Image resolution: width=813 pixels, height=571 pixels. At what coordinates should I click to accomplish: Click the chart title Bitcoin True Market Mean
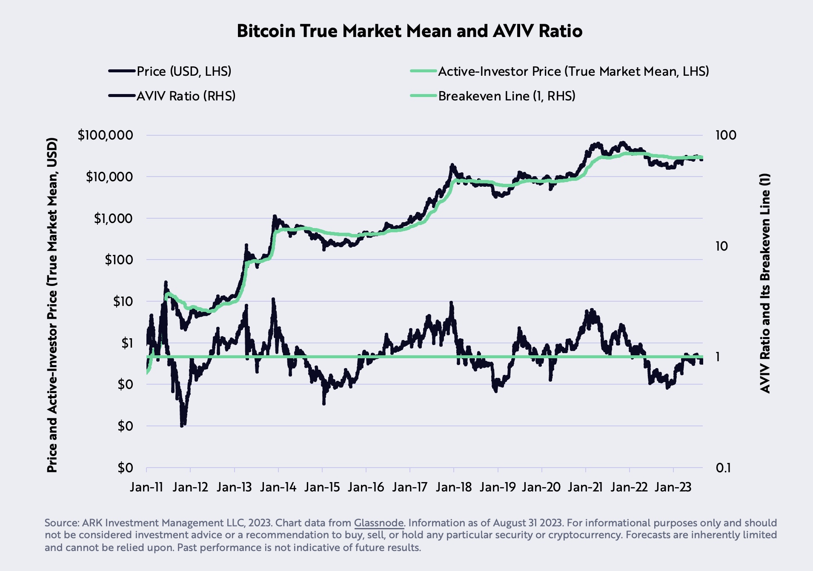click(409, 31)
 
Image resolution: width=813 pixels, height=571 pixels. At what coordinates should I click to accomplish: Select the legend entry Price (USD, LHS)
click(183, 71)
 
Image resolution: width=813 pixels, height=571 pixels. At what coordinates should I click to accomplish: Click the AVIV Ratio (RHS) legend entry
click(186, 96)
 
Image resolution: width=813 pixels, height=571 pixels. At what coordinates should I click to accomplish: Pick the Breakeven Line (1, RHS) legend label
click(507, 96)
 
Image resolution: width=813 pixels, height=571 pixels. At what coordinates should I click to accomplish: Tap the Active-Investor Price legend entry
click(573, 71)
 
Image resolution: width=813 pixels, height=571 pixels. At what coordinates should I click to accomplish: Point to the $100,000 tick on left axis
click(105, 135)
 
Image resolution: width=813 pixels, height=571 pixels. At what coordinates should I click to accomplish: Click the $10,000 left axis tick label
click(109, 177)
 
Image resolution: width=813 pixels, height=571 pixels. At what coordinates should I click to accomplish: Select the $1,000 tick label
click(113, 219)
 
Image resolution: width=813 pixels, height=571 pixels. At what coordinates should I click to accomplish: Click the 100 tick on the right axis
click(725, 135)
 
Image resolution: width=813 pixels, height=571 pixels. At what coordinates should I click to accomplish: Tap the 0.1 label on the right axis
click(723, 468)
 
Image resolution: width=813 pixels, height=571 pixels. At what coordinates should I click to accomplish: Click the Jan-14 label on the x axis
click(278, 487)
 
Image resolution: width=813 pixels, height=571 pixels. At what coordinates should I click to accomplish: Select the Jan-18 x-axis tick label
click(454, 487)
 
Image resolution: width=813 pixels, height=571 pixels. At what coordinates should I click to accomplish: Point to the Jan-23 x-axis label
click(673, 487)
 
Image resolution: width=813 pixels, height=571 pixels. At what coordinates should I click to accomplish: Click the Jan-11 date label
click(146, 487)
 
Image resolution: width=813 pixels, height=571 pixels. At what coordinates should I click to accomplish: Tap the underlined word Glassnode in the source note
click(378, 523)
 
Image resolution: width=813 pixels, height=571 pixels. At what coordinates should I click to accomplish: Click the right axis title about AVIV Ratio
click(764, 283)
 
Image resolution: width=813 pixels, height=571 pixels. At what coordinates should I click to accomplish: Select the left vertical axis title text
click(52, 304)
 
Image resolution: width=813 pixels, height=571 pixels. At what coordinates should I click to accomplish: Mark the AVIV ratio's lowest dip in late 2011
click(183, 425)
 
